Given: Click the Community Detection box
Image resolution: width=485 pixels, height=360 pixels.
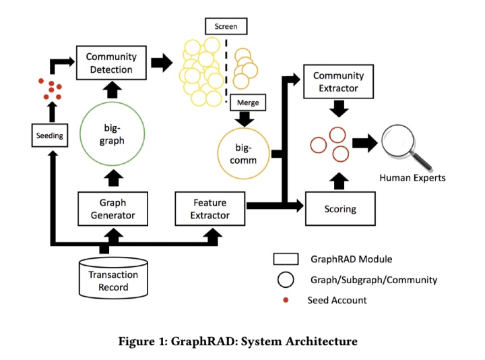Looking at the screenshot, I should click(111, 63).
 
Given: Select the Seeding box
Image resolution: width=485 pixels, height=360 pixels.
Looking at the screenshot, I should click(49, 136).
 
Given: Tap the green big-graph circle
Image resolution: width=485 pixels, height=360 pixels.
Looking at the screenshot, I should click(111, 134).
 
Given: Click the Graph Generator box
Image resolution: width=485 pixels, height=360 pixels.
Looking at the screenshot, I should click(112, 208).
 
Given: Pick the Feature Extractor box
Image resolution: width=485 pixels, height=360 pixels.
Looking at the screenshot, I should click(209, 208).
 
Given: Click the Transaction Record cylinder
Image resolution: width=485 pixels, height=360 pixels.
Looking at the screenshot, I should click(113, 279).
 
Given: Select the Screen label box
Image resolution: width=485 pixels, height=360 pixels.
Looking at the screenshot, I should click(226, 26).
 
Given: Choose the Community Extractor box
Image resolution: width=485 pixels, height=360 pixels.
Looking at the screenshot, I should click(338, 82).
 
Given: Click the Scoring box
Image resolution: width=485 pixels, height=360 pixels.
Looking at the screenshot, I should click(339, 208).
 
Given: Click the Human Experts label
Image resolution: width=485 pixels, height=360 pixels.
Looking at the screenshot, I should click(412, 178).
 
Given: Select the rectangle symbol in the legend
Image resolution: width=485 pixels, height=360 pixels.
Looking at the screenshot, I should click(286, 259).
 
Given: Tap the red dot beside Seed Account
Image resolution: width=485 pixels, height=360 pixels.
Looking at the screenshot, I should click(286, 300).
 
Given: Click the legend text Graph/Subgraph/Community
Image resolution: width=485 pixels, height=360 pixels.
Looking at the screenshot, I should click(374, 279).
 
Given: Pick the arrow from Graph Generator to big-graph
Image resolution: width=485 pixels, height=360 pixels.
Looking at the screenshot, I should click(112, 178).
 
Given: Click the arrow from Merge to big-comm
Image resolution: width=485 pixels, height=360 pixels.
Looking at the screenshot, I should click(247, 118).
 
